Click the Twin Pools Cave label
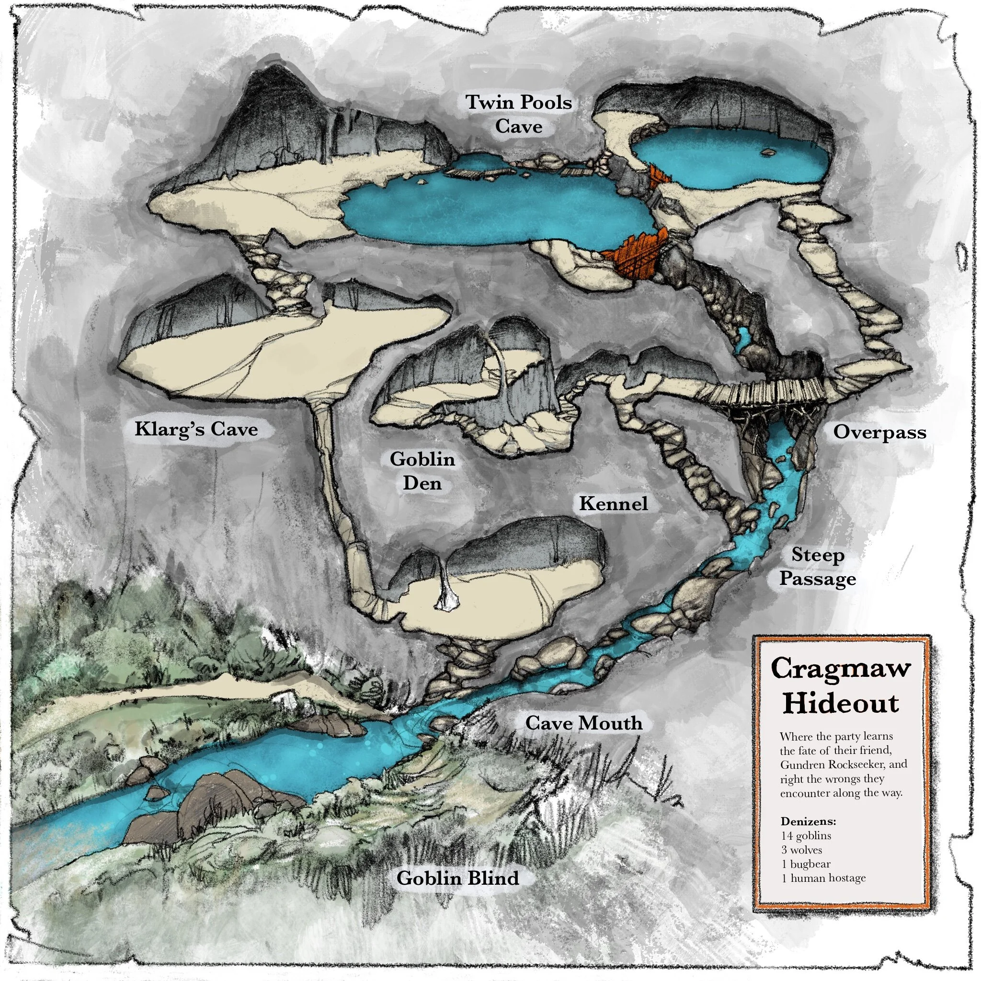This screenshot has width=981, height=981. [x=518, y=114]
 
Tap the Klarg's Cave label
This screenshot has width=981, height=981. [x=196, y=429]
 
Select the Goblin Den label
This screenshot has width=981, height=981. [x=422, y=471]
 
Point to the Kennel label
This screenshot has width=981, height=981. [x=614, y=504]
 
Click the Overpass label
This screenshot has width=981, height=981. [x=879, y=432]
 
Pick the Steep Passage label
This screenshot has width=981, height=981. [x=818, y=567]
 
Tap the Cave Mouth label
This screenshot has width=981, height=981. [x=583, y=722]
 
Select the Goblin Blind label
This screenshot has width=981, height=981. [x=457, y=878]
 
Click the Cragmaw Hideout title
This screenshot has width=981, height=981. [x=841, y=685]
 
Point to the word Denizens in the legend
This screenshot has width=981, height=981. [x=809, y=821]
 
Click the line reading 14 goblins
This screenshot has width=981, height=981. [x=806, y=836]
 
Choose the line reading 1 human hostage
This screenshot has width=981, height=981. [x=823, y=878]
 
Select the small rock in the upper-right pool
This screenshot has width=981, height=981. [x=768, y=151]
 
